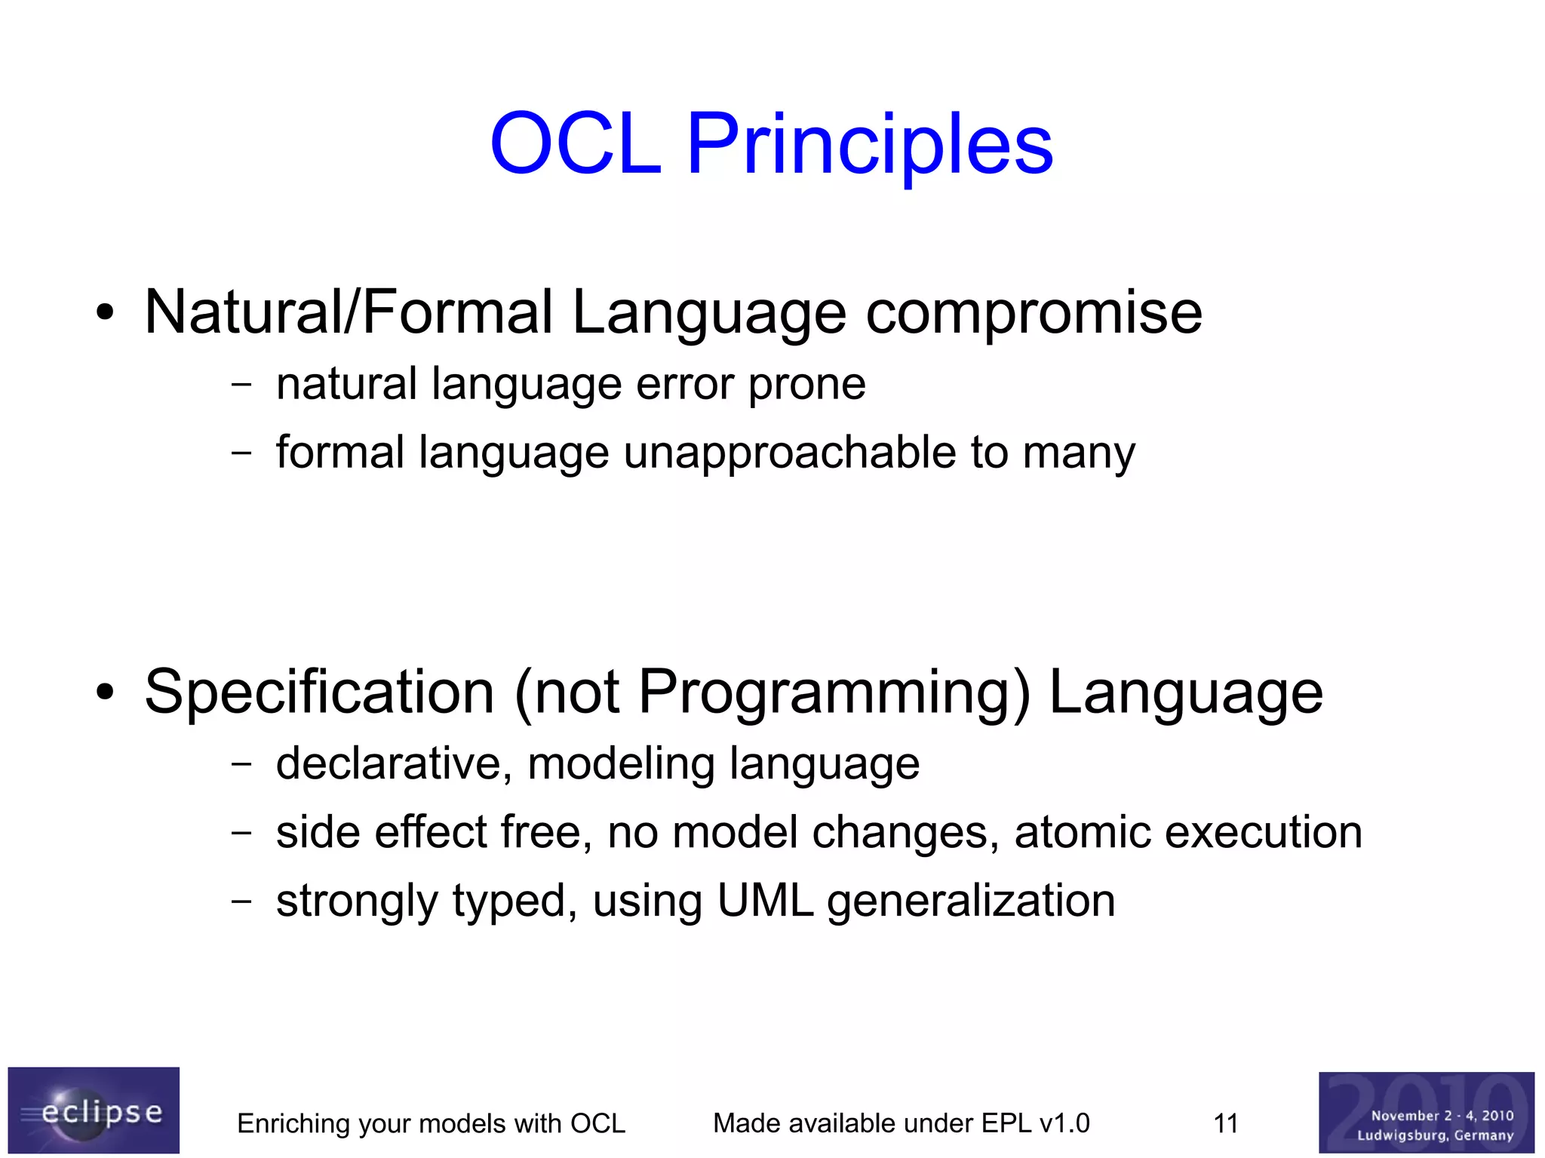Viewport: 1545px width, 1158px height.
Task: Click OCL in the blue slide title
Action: pyautogui.click(x=576, y=143)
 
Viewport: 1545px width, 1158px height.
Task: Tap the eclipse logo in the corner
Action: pyautogui.click(x=94, y=1110)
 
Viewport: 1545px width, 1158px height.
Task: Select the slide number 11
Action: pyautogui.click(x=1225, y=1123)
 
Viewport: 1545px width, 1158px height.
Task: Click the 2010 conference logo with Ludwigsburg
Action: pyautogui.click(x=1426, y=1113)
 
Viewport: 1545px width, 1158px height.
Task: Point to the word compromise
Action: pyautogui.click(x=1034, y=312)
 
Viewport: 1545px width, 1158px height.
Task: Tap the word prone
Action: pyautogui.click(x=806, y=385)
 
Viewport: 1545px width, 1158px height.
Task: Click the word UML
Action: pyautogui.click(x=764, y=900)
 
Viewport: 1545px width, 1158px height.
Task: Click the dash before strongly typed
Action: pyautogui.click(x=241, y=901)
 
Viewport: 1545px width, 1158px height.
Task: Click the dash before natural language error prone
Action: pyautogui.click(x=241, y=384)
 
